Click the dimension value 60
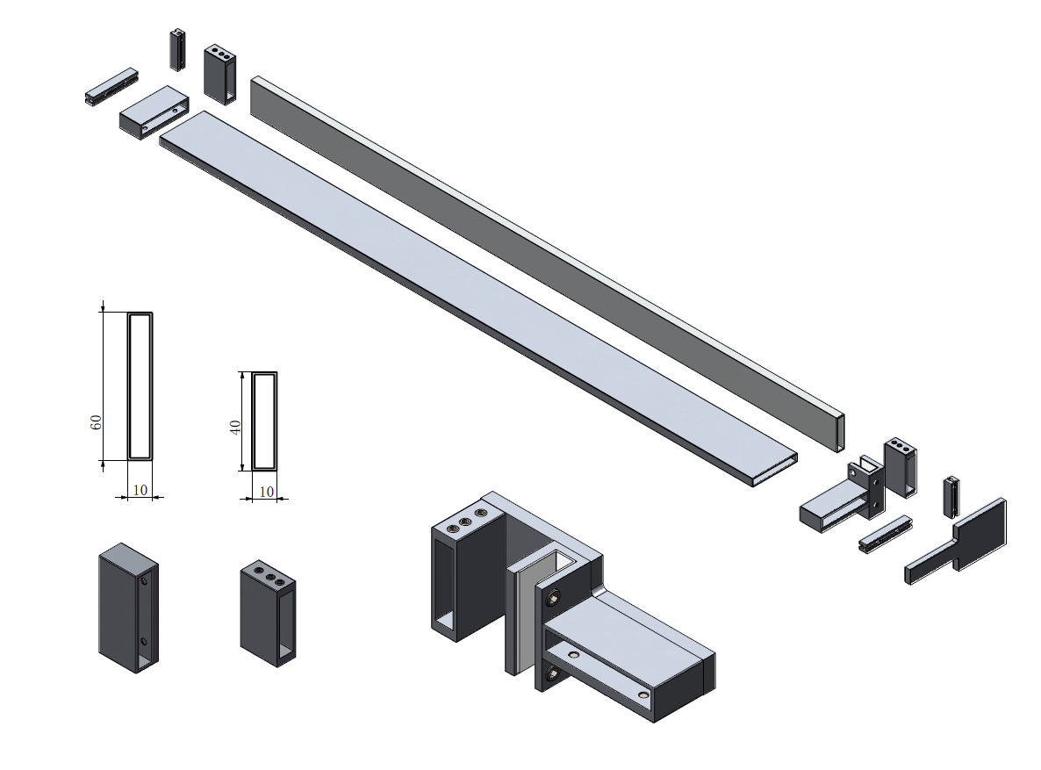click(97, 421)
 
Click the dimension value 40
click(235, 428)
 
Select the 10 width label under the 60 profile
click(140, 490)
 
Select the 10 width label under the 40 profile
click(266, 492)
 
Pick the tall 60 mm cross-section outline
click(140, 385)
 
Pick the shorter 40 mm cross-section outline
click(264, 421)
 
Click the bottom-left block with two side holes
click(128, 608)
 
